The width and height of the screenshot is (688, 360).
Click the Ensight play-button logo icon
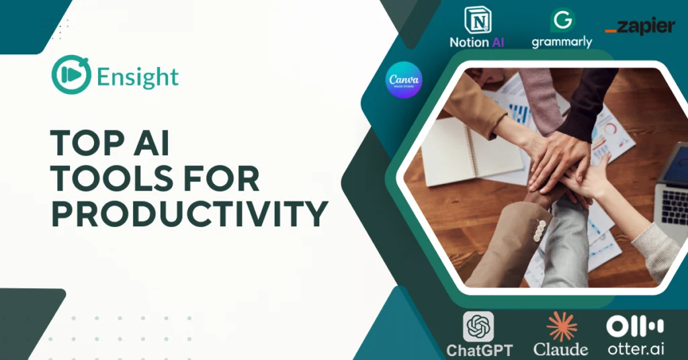[71, 75]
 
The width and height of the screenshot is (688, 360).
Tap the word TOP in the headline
[81, 143]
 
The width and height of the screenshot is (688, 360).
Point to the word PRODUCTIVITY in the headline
[189, 214]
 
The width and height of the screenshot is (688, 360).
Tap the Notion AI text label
[477, 42]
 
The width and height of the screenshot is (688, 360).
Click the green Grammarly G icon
[562, 20]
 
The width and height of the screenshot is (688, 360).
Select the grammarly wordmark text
[562, 42]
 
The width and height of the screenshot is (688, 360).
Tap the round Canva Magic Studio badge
[404, 80]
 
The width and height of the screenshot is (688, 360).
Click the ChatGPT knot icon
[478, 326]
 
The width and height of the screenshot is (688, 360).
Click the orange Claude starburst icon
[561, 326]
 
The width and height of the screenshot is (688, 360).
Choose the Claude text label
[561, 349]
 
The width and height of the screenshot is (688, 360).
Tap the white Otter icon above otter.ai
[635, 327]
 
